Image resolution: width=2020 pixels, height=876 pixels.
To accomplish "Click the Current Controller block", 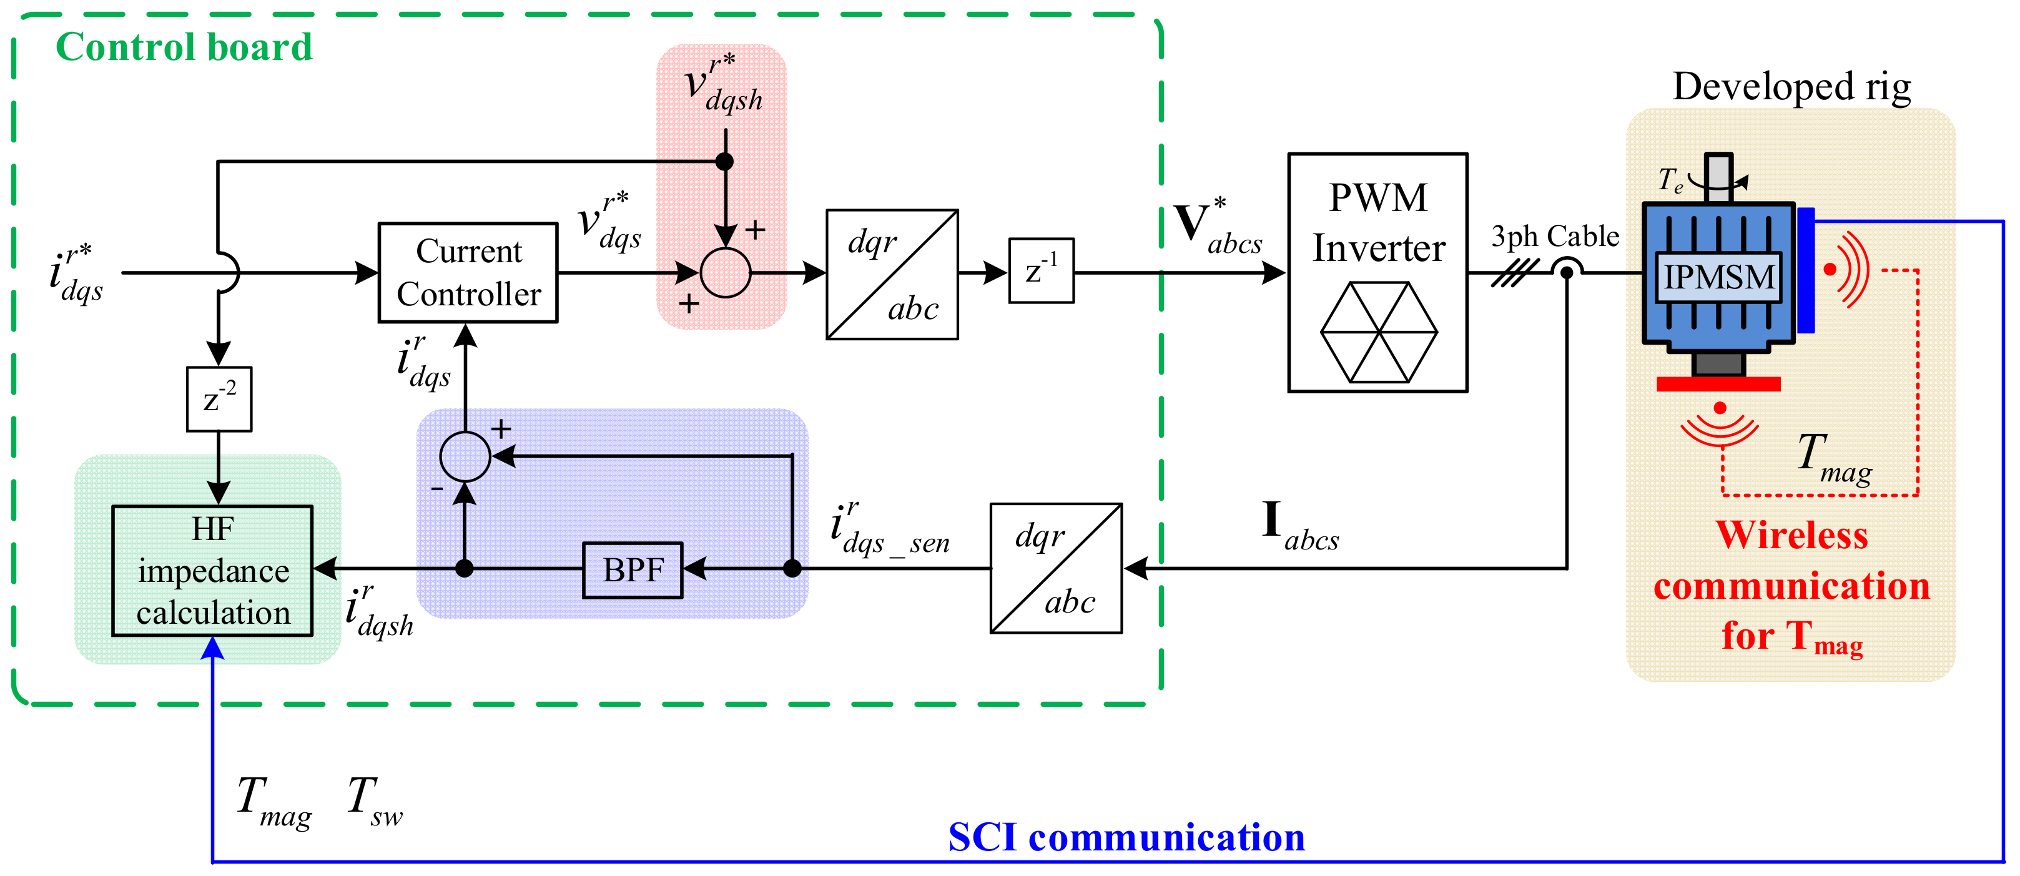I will tap(468, 272).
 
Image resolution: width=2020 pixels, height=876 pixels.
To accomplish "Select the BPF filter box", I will tap(632, 570).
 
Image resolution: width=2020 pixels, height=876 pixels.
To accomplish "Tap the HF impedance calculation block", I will tap(212, 570).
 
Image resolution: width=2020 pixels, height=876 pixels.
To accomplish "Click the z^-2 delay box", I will tap(219, 398).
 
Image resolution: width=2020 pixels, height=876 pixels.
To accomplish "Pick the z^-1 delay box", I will tap(1040, 270).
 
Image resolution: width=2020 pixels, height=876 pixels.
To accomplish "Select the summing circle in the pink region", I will tap(726, 273).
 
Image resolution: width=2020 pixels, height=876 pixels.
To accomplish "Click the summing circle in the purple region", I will tap(465, 456).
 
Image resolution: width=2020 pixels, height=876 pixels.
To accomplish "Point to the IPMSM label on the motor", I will tap(1718, 277).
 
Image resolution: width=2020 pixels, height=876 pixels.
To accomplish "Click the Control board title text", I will tap(184, 47).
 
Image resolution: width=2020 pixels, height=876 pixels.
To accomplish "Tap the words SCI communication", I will tap(1126, 837).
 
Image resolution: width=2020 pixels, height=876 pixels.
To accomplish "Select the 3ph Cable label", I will tap(1555, 236).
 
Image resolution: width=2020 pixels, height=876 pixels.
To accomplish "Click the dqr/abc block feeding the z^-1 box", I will tap(892, 275).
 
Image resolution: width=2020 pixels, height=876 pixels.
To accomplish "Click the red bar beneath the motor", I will tap(1718, 384).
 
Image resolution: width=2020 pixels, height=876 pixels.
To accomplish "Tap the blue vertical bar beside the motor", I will tap(1806, 270).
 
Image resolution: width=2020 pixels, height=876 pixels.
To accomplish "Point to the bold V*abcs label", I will tap(1217, 227).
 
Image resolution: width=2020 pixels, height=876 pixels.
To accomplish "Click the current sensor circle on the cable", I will tap(1566, 272).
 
